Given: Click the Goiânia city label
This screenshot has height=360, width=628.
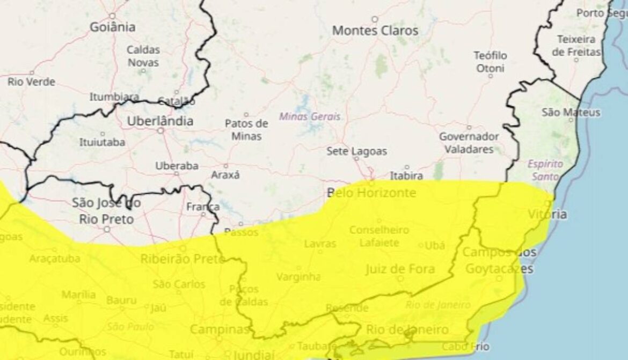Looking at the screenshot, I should point(112,27).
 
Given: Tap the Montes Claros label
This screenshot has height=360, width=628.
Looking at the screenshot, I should point(375,31).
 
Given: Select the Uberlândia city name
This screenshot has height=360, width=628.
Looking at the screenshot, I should point(160,121).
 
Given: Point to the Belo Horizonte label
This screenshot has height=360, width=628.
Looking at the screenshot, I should point(372,193).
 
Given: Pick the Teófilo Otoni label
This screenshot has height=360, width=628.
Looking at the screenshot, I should point(490,62).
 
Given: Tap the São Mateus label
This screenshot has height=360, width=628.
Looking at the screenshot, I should point(571,112).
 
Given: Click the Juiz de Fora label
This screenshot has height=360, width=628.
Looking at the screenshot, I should point(400,269).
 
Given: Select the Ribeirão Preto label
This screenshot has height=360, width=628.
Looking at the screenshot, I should point(182,259).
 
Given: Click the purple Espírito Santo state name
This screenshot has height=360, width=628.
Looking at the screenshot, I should point(545,170).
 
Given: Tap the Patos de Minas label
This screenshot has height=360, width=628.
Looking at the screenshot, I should point(246,129).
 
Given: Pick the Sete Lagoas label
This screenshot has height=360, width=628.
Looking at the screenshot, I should point(356,152).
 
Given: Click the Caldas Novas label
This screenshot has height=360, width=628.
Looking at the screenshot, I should point(143,56).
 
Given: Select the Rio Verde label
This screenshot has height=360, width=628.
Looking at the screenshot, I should point(31,82).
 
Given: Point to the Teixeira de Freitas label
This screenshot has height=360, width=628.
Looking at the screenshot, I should point(576,46).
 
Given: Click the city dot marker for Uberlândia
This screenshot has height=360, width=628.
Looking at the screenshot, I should point(160,130).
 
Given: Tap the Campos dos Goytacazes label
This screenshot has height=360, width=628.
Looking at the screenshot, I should point(499,260).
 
